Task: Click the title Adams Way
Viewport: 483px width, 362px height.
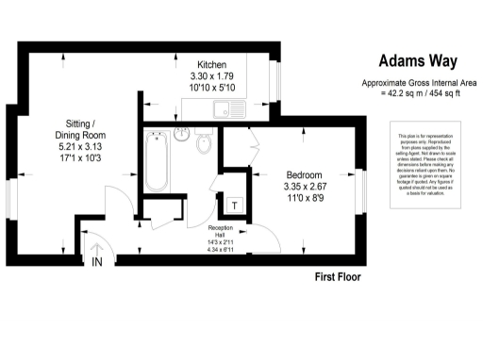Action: [x=417, y=61]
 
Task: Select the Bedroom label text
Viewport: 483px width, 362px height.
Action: [x=305, y=175]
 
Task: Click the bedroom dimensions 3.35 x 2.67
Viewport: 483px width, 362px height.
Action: [x=305, y=188]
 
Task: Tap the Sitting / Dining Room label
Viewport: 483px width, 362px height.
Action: [x=87, y=131]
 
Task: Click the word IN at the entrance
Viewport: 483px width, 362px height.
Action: [x=96, y=263]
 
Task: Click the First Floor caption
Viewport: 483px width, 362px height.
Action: [x=338, y=278]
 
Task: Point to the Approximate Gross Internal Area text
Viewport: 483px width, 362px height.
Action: [x=417, y=83]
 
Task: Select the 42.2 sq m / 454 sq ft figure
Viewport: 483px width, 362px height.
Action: [x=417, y=92]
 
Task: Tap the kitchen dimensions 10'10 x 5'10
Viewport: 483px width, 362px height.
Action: [x=212, y=88]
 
